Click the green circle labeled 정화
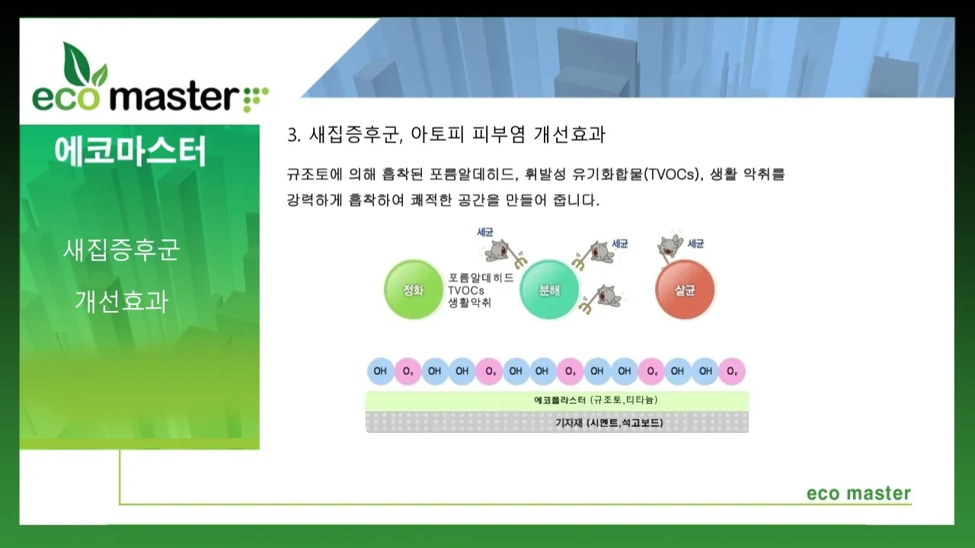[412, 290]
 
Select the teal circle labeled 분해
[549, 290]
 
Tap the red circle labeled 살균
[686, 290]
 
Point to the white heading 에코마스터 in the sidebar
[130, 152]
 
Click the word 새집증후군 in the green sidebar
[121, 250]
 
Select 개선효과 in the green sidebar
[121, 301]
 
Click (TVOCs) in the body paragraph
[671, 175]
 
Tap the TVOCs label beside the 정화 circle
[465, 290]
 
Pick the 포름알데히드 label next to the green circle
[480, 278]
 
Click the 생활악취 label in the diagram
[469, 303]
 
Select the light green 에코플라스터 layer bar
[557, 401]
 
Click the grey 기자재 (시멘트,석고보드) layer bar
[557, 422]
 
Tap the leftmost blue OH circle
[380, 371]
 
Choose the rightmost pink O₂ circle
[731, 371]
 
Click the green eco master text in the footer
[858, 493]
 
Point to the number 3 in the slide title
[292, 135]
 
